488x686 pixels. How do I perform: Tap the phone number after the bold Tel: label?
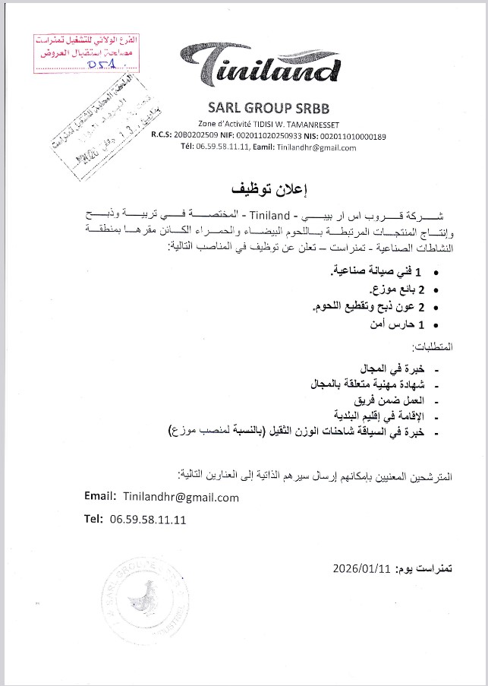pyautogui.click(x=148, y=520)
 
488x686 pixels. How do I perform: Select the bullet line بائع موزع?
pyautogui.click(x=395, y=289)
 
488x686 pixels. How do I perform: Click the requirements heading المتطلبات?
pyautogui.click(x=433, y=346)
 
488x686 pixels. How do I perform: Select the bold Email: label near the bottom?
pyautogui.click(x=100, y=498)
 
